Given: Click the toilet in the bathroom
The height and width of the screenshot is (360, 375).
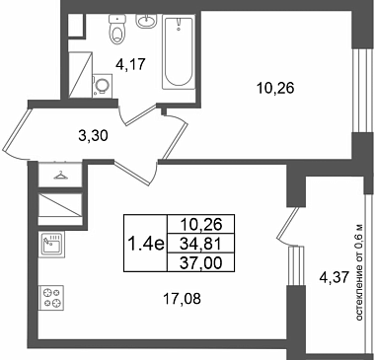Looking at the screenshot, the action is (117, 30).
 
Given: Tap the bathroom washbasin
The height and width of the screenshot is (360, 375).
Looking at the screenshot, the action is (146, 21).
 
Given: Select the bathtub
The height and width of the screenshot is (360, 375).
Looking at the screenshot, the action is (178, 52).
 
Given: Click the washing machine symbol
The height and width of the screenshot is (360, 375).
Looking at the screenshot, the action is (103, 86).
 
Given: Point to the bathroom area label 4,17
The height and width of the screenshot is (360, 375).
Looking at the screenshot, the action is (130, 64).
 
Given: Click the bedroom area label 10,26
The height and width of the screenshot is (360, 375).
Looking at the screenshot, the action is (275, 88).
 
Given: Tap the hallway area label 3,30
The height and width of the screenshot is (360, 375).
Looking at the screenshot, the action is (93, 135).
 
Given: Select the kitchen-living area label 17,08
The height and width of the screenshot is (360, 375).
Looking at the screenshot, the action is (182, 299).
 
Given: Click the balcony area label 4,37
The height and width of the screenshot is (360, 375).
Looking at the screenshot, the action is (334, 278).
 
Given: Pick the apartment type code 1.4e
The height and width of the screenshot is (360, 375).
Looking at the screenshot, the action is (146, 244).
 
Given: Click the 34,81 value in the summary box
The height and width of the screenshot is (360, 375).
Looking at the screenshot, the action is (201, 244).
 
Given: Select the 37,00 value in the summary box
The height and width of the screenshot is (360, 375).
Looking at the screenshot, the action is (201, 262).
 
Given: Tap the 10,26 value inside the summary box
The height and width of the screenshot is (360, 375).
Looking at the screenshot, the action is (201, 225).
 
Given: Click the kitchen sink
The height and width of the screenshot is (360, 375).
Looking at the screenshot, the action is (51, 245).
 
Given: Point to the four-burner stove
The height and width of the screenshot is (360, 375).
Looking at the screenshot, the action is (51, 298).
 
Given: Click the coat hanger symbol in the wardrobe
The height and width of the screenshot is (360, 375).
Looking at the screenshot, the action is (60, 176).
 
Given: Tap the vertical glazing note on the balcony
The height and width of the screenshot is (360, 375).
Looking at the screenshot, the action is (359, 272).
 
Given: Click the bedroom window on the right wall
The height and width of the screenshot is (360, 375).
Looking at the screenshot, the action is (359, 91).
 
